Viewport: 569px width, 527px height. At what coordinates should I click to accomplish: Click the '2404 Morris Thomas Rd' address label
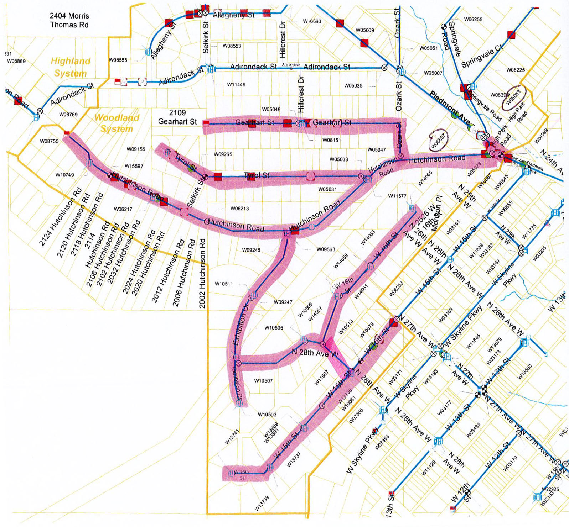(x=69, y=20)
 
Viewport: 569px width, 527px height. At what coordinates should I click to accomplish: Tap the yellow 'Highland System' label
(x=71, y=67)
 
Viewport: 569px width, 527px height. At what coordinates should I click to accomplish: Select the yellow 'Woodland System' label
(x=117, y=123)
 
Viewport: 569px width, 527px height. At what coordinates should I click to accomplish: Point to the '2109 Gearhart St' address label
(x=177, y=117)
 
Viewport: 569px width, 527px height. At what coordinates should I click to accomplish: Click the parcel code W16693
(x=312, y=21)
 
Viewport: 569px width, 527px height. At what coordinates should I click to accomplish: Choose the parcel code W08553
(x=232, y=46)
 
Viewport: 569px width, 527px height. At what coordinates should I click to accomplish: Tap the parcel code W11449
(x=236, y=85)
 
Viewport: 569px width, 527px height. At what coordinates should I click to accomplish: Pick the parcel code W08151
(x=331, y=140)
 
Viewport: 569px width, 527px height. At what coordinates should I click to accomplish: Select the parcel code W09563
(x=326, y=249)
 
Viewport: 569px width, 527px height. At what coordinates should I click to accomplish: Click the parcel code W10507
(x=263, y=381)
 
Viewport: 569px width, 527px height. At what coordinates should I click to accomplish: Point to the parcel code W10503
(x=267, y=415)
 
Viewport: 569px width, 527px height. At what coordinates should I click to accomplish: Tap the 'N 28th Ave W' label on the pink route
(x=315, y=353)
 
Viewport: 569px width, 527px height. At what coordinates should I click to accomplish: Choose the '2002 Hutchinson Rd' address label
(x=202, y=273)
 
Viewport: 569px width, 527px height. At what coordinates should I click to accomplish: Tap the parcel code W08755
(x=49, y=141)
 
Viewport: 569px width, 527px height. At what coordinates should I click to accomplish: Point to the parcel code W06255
(x=473, y=19)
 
